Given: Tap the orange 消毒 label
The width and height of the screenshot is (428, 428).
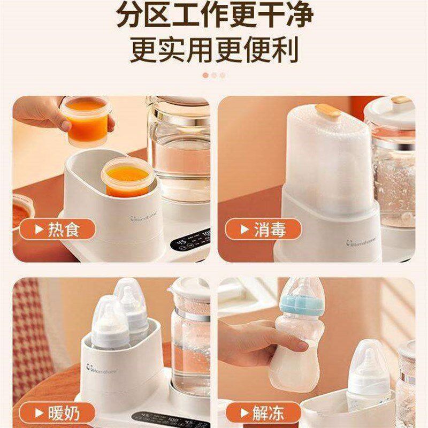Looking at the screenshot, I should (263, 230).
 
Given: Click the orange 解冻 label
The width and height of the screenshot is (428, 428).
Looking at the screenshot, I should (263, 413).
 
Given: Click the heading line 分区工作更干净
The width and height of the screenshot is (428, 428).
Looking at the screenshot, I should (214, 16).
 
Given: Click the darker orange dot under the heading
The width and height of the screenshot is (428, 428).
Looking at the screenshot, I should (205, 75).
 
